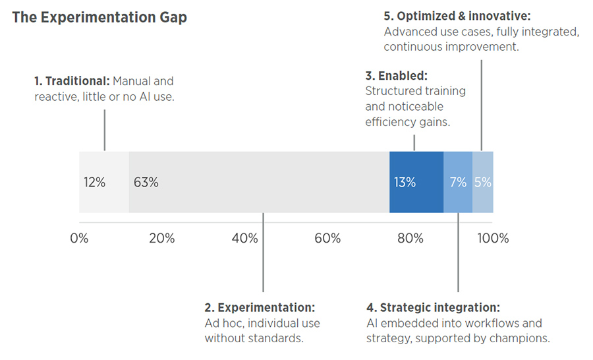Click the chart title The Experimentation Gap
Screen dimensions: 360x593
click(99, 18)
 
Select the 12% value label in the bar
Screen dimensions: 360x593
click(94, 183)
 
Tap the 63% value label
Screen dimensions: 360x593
click(146, 183)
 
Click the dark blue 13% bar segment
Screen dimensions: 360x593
click(416, 183)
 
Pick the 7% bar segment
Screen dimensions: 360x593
click(458, 183)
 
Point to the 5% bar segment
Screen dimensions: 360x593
click(483, 183)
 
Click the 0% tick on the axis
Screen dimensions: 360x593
click(79, 238)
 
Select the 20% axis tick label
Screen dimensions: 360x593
click(161, 238)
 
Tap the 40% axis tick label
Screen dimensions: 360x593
click(244, 238)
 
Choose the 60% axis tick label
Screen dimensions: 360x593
click(327, 238)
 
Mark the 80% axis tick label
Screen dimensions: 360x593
click(410, 238)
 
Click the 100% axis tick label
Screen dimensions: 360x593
click(493, 238)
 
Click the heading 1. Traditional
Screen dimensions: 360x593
click(72, 81)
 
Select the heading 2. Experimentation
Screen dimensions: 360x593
click(260, 307)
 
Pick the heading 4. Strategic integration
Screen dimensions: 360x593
click(433, 307)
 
